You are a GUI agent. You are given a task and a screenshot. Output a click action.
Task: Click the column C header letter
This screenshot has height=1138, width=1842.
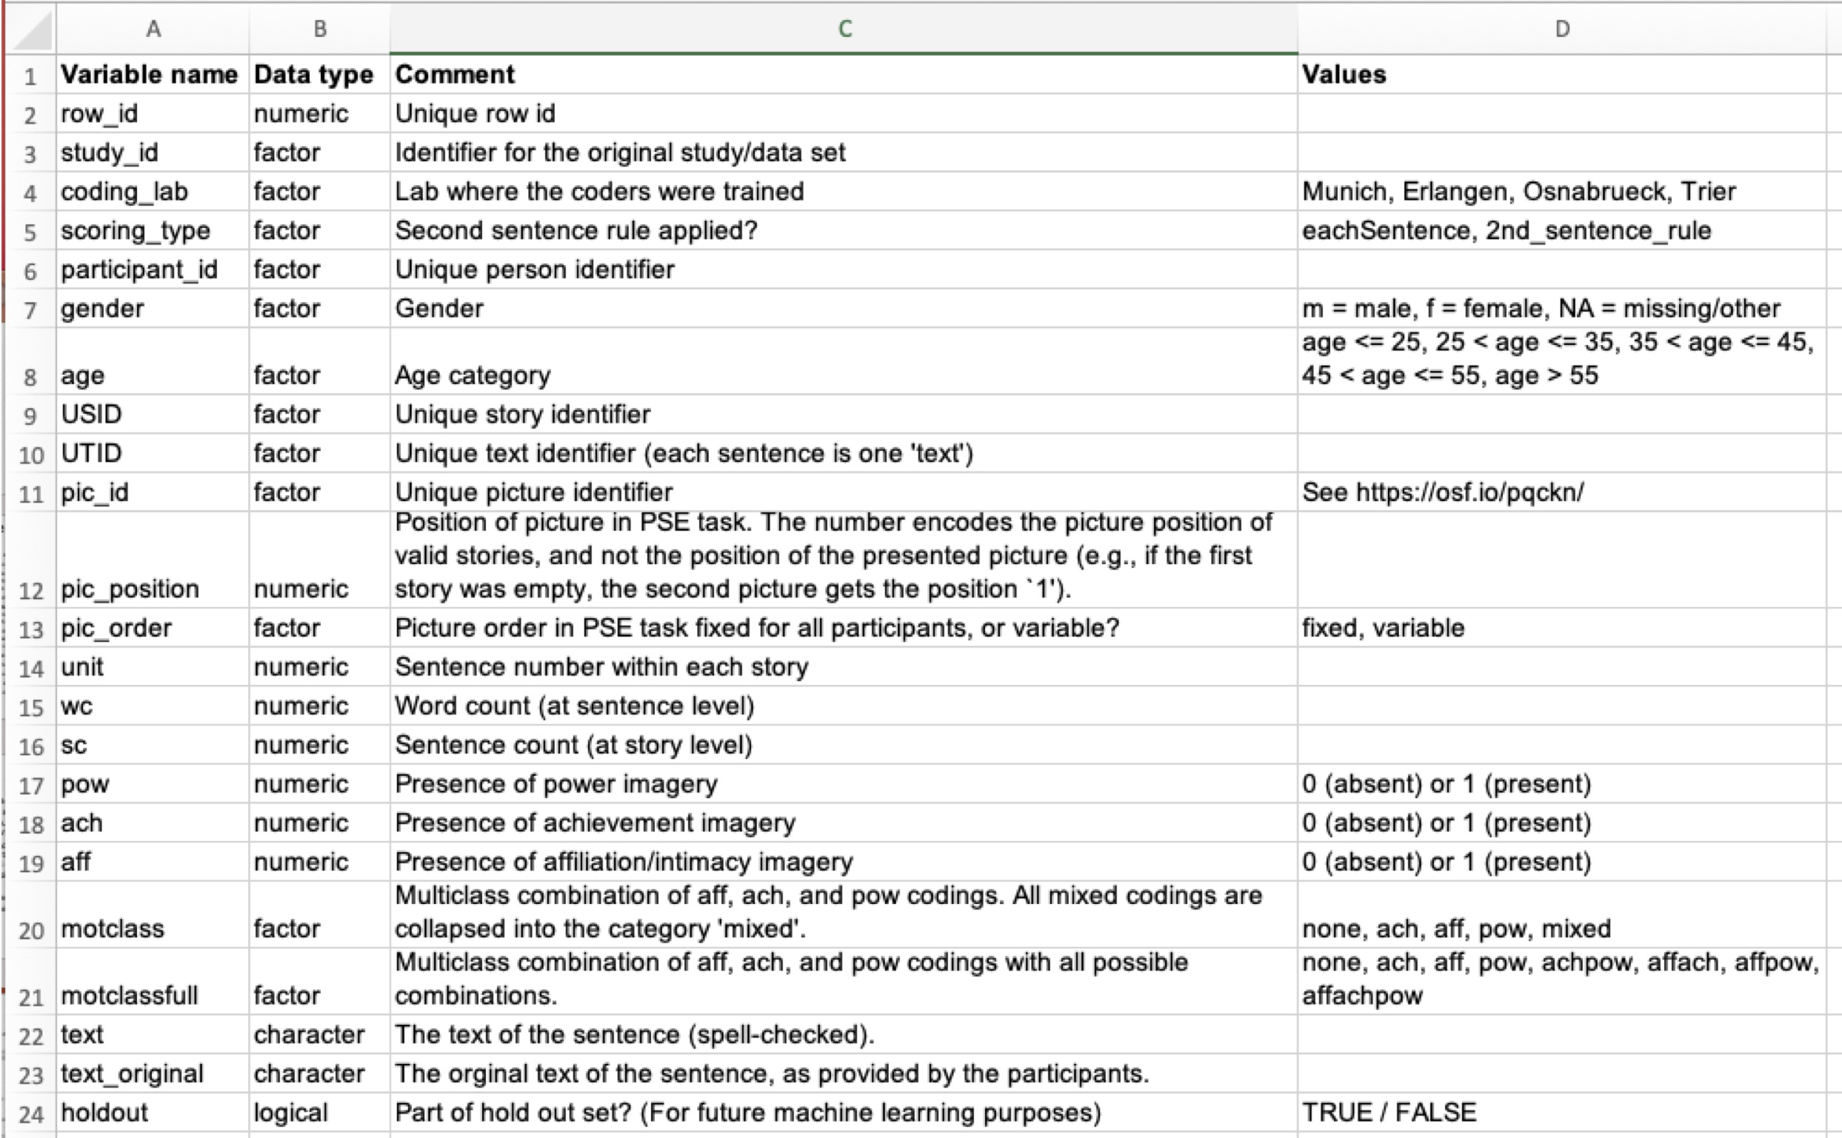[x=844, y=29]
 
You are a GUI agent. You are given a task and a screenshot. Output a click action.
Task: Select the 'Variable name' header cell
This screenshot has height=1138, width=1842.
[x=149, y=75]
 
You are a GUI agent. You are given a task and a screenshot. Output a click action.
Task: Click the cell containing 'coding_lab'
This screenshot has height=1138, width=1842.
[x=124, y=192]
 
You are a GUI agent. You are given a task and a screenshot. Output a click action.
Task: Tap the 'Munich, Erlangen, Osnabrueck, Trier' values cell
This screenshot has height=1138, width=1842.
[x=1518, y=192]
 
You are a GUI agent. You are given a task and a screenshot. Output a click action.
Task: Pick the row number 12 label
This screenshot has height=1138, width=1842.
[x=31, y=590]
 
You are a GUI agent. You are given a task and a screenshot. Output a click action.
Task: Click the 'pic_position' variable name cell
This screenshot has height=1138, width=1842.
[x=130, y=589]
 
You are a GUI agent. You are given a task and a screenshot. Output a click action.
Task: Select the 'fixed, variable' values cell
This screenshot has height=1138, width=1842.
[x=1384, y=628]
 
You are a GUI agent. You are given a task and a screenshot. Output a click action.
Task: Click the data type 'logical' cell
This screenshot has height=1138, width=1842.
[x=290, y=1112]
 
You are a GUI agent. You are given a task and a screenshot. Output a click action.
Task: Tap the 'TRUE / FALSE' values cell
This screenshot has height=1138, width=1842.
[x=1389, y=1112]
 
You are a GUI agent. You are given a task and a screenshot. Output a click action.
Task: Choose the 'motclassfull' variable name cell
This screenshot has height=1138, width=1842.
[x=130, y=996]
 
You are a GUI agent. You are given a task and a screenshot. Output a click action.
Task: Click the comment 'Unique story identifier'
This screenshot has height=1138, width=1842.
[x=522, y=414]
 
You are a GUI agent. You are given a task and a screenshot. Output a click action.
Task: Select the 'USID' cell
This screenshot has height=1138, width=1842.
[x=91, y=414]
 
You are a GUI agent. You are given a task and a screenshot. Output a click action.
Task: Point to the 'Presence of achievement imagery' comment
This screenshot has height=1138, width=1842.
[x=595, y=823]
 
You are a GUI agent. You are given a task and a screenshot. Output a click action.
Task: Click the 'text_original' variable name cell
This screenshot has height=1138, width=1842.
[x=132, y=1074]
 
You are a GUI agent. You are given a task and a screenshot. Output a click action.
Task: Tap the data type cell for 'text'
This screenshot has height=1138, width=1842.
[x=309, y=1034]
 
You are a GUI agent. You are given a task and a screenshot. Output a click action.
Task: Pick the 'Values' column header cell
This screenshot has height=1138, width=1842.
[x=1344, y=75]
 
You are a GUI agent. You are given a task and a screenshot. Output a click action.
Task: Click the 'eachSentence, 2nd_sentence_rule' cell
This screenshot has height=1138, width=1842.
[x=1506, y=230]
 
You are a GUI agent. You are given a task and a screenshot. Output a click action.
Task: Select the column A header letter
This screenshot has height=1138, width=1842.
[x=153, y=29]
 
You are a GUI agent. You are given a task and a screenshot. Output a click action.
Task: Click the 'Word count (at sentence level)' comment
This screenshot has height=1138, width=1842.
[x=574, y=706]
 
